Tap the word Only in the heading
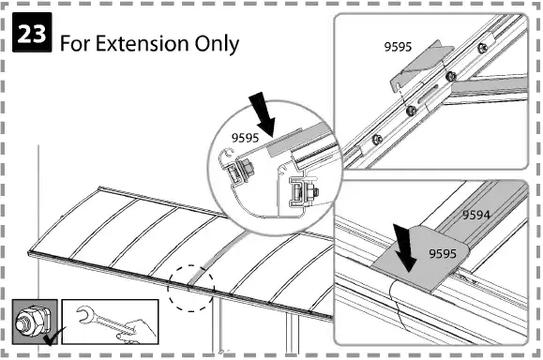[215, 43]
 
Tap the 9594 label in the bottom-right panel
[476, 215]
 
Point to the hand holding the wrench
[134, 329]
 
